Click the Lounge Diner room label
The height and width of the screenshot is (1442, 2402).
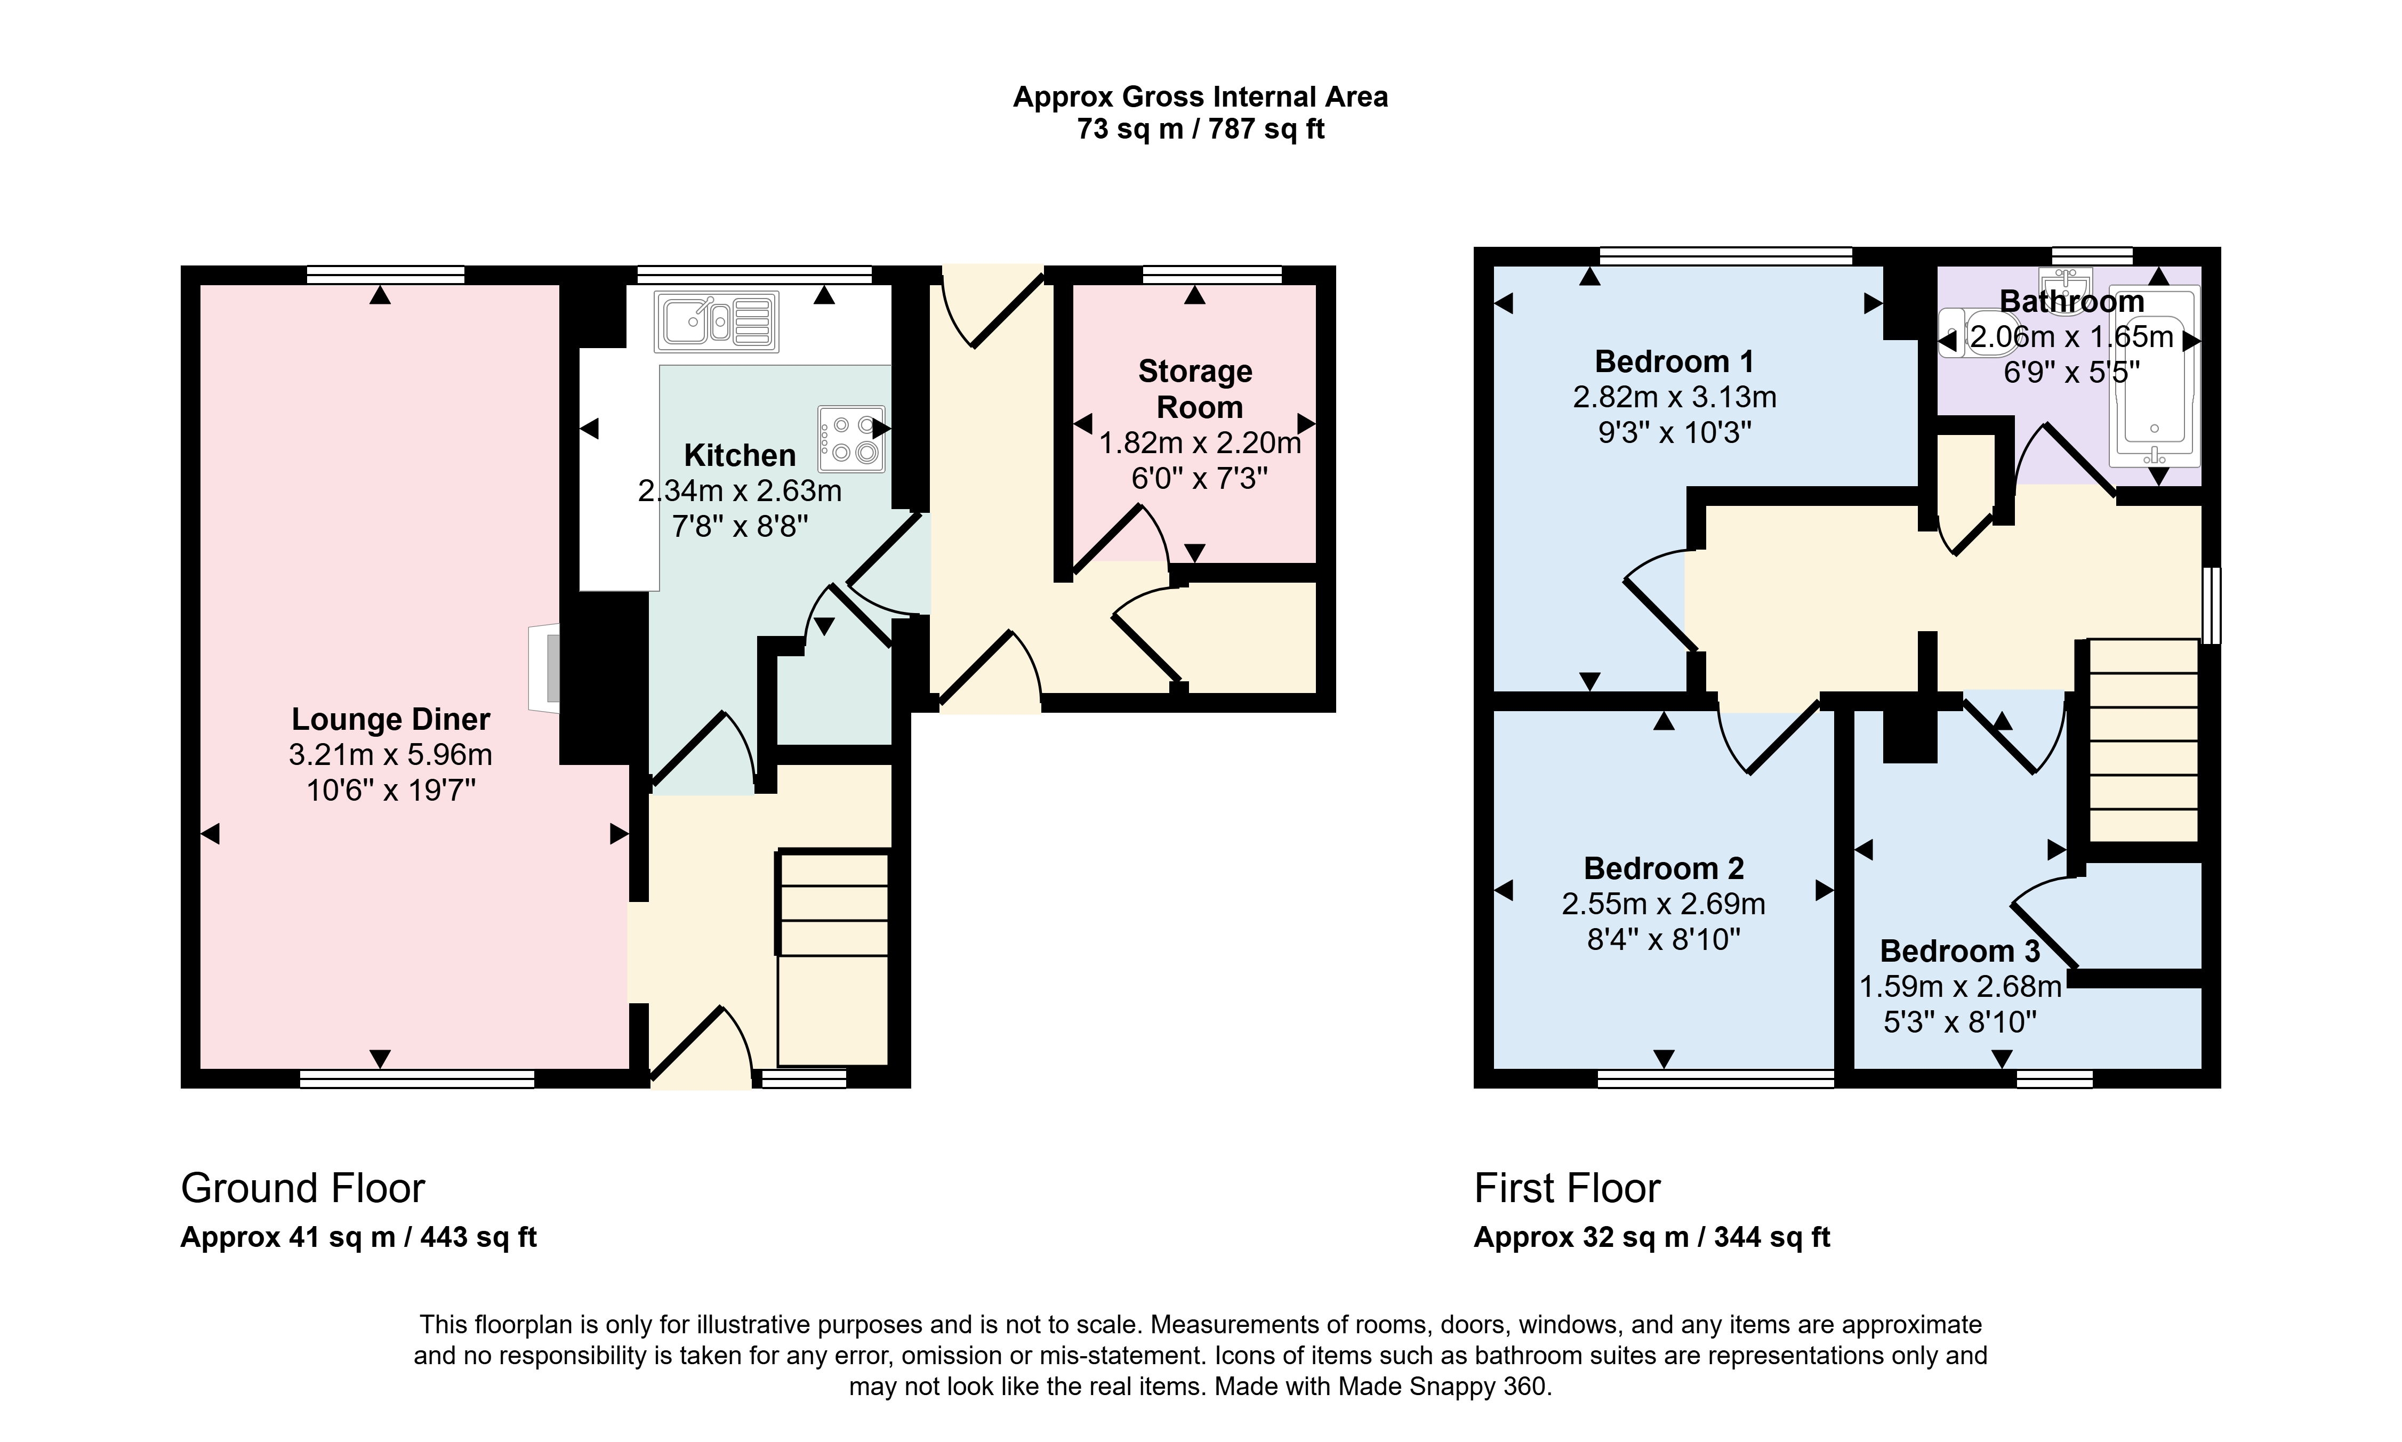point(391,719)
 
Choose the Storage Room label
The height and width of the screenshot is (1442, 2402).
point(1196,389)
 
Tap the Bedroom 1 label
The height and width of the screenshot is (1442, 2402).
point(1674,361)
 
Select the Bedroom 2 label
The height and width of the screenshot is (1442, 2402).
point(1664,868)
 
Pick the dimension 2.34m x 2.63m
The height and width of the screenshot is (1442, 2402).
point(740,491)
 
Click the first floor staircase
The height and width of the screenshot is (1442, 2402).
point(2142,740)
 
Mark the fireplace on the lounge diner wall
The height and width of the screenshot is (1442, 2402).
point(544,670)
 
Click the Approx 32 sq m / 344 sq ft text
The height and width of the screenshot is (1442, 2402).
point(1652,1237)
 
